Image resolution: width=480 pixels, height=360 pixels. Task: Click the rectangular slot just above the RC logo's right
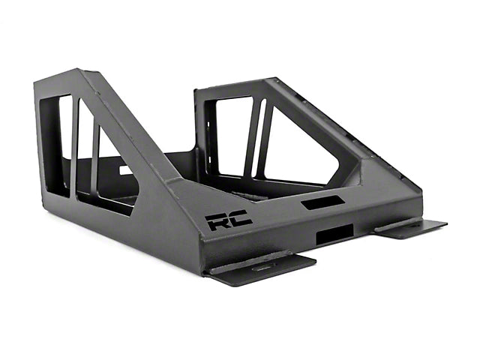pos(322,202)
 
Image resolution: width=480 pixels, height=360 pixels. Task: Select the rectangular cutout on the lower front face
pos(334,234)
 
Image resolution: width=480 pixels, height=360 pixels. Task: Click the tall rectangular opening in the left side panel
pos(56,146)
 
